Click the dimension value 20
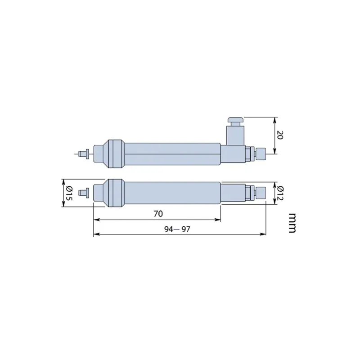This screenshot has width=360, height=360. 279,135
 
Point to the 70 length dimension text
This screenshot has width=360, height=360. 158,214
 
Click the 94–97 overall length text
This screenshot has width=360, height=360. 178,229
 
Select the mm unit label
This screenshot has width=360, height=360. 292,223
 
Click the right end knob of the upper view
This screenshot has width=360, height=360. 260,154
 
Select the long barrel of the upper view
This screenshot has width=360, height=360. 171,154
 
